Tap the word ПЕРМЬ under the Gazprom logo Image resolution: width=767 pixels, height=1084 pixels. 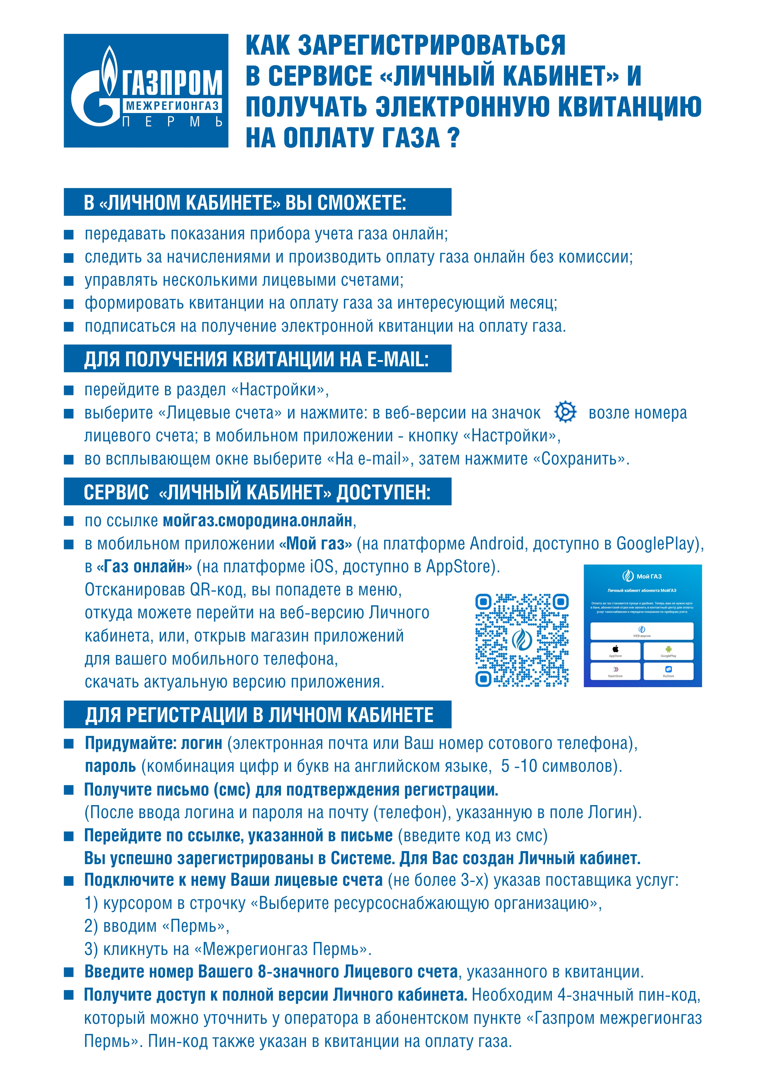coord(172,122)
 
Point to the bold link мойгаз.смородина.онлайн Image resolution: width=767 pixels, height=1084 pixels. coord(257,521)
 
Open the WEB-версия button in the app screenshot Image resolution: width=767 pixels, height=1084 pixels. coord(642,631)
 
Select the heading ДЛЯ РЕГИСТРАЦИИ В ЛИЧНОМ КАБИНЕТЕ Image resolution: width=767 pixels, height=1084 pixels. coord(259,714)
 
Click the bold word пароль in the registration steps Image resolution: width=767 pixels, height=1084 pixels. coord(110,766)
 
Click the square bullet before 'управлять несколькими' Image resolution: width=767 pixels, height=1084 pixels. coord(69,280)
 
